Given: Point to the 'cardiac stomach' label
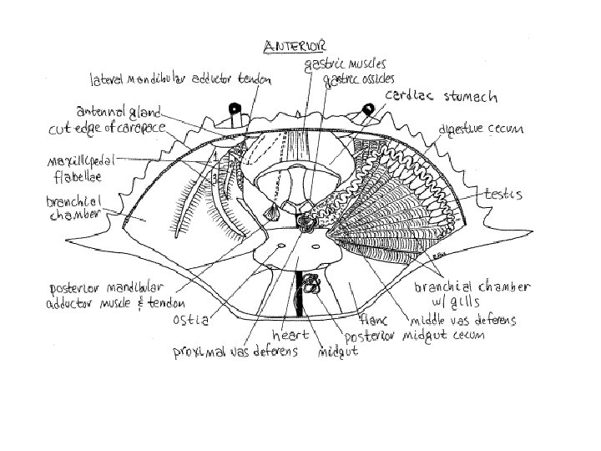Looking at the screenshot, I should click(x=442, y=97).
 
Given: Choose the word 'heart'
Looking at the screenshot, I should click(x=289, y=334).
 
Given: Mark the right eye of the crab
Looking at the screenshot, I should click(x=366, y=108).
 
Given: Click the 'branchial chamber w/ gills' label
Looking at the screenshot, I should click(x=472, y=293).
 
